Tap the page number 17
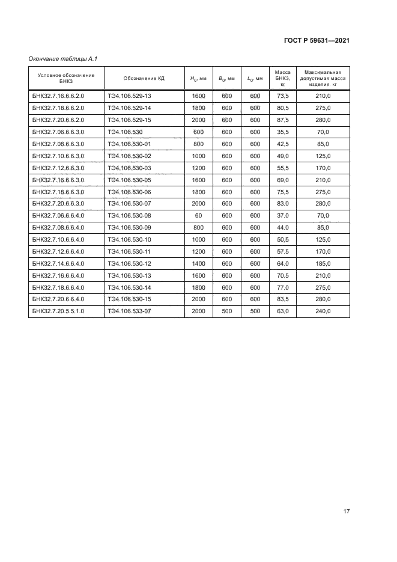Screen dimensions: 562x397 coord(346,512)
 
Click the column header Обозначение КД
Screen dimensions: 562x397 coord(144,78)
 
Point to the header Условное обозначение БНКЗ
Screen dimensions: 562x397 coord(66,78)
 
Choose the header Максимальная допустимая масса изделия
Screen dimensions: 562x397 coord(323,78)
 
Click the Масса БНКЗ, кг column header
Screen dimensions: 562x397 coord(282,78)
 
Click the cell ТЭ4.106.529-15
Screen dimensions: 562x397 coord(130,120)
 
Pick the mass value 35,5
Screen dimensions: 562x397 coord(282,132)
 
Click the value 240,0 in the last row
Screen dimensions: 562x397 coord(323,311)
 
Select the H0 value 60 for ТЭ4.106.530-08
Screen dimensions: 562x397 coord(198,216)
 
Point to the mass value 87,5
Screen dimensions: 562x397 coord(282,120)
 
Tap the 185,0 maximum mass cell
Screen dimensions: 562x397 coord(323,263)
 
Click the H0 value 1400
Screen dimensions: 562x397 coord(198,263)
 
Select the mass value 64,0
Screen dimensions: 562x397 coord(282,263)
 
